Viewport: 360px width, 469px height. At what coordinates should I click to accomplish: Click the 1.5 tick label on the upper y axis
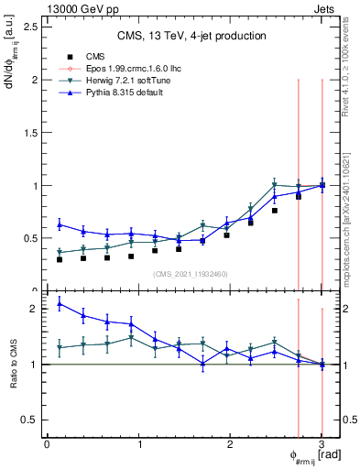coord(31,132)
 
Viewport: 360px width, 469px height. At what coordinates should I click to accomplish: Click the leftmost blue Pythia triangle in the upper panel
coord(60,224)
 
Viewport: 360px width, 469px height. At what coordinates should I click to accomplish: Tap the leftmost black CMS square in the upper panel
coord(60,259)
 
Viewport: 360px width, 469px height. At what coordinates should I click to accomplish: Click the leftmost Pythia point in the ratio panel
coord(60,303)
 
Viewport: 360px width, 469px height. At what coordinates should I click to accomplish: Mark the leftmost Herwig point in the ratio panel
coord(60,348)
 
